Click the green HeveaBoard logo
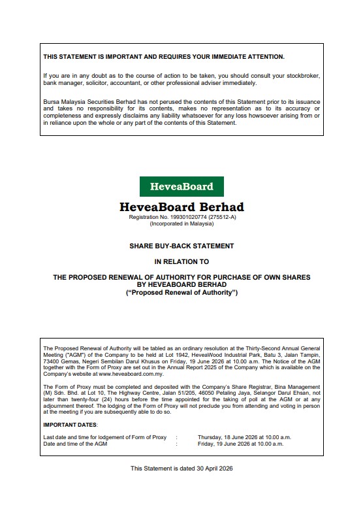pyautogui.click(x=181, y=186)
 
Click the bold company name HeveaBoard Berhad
pyautogui.click(x=181, y=207)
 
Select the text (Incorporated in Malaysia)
pyautogui.click(x=181, y=223)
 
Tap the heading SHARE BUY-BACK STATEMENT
pyautogui.click(x=181, y=246)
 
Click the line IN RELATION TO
pyautogui.click(x=181, y=261)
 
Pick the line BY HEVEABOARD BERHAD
pyautogui.click(x=181, y=284)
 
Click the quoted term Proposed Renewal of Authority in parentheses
pyautogui.click(x=181, y=292)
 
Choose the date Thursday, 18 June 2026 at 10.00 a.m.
pyautogui.click(x=244, y=437)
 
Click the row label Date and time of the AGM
pyautogui.click(x=75, y=444)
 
